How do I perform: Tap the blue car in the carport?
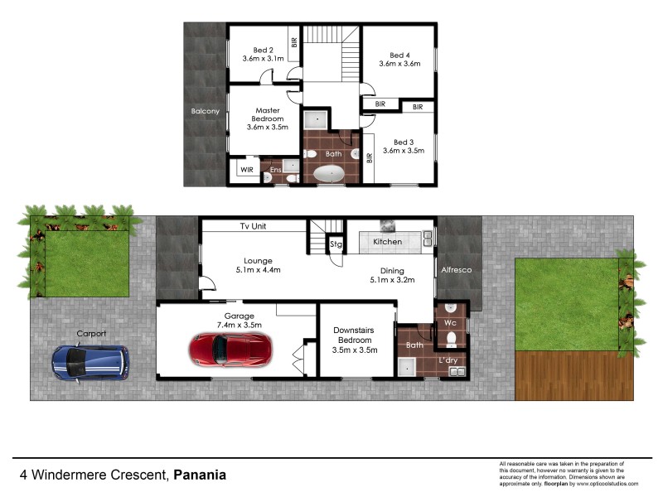[90, 362]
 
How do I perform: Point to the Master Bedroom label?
[267, 110]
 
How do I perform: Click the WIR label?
[247, 170]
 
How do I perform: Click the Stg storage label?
[336, 244]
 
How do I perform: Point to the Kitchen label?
[387, 242]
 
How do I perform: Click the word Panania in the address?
[200, 475]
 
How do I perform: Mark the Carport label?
[91, 334]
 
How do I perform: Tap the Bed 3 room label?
[404, 141]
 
